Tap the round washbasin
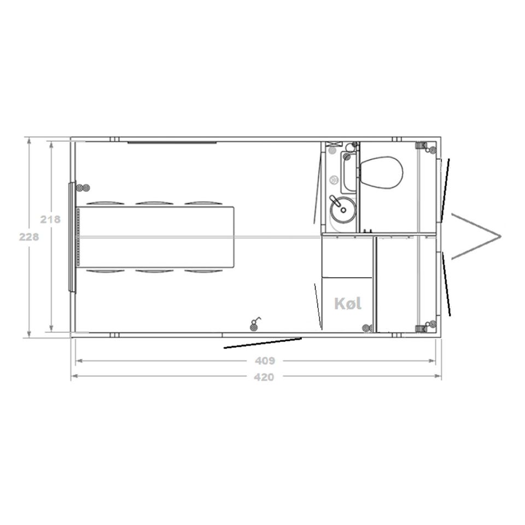tap(343, 209)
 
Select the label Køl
tap(348, 304)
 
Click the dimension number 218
tap(50, 219)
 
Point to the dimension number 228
tap(29, 237)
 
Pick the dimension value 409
tap(265, 361)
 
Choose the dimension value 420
tap(264, 377)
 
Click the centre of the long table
tap(155, 237)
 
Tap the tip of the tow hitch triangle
tap(500, 236)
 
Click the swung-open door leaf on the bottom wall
tap(262, 343)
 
